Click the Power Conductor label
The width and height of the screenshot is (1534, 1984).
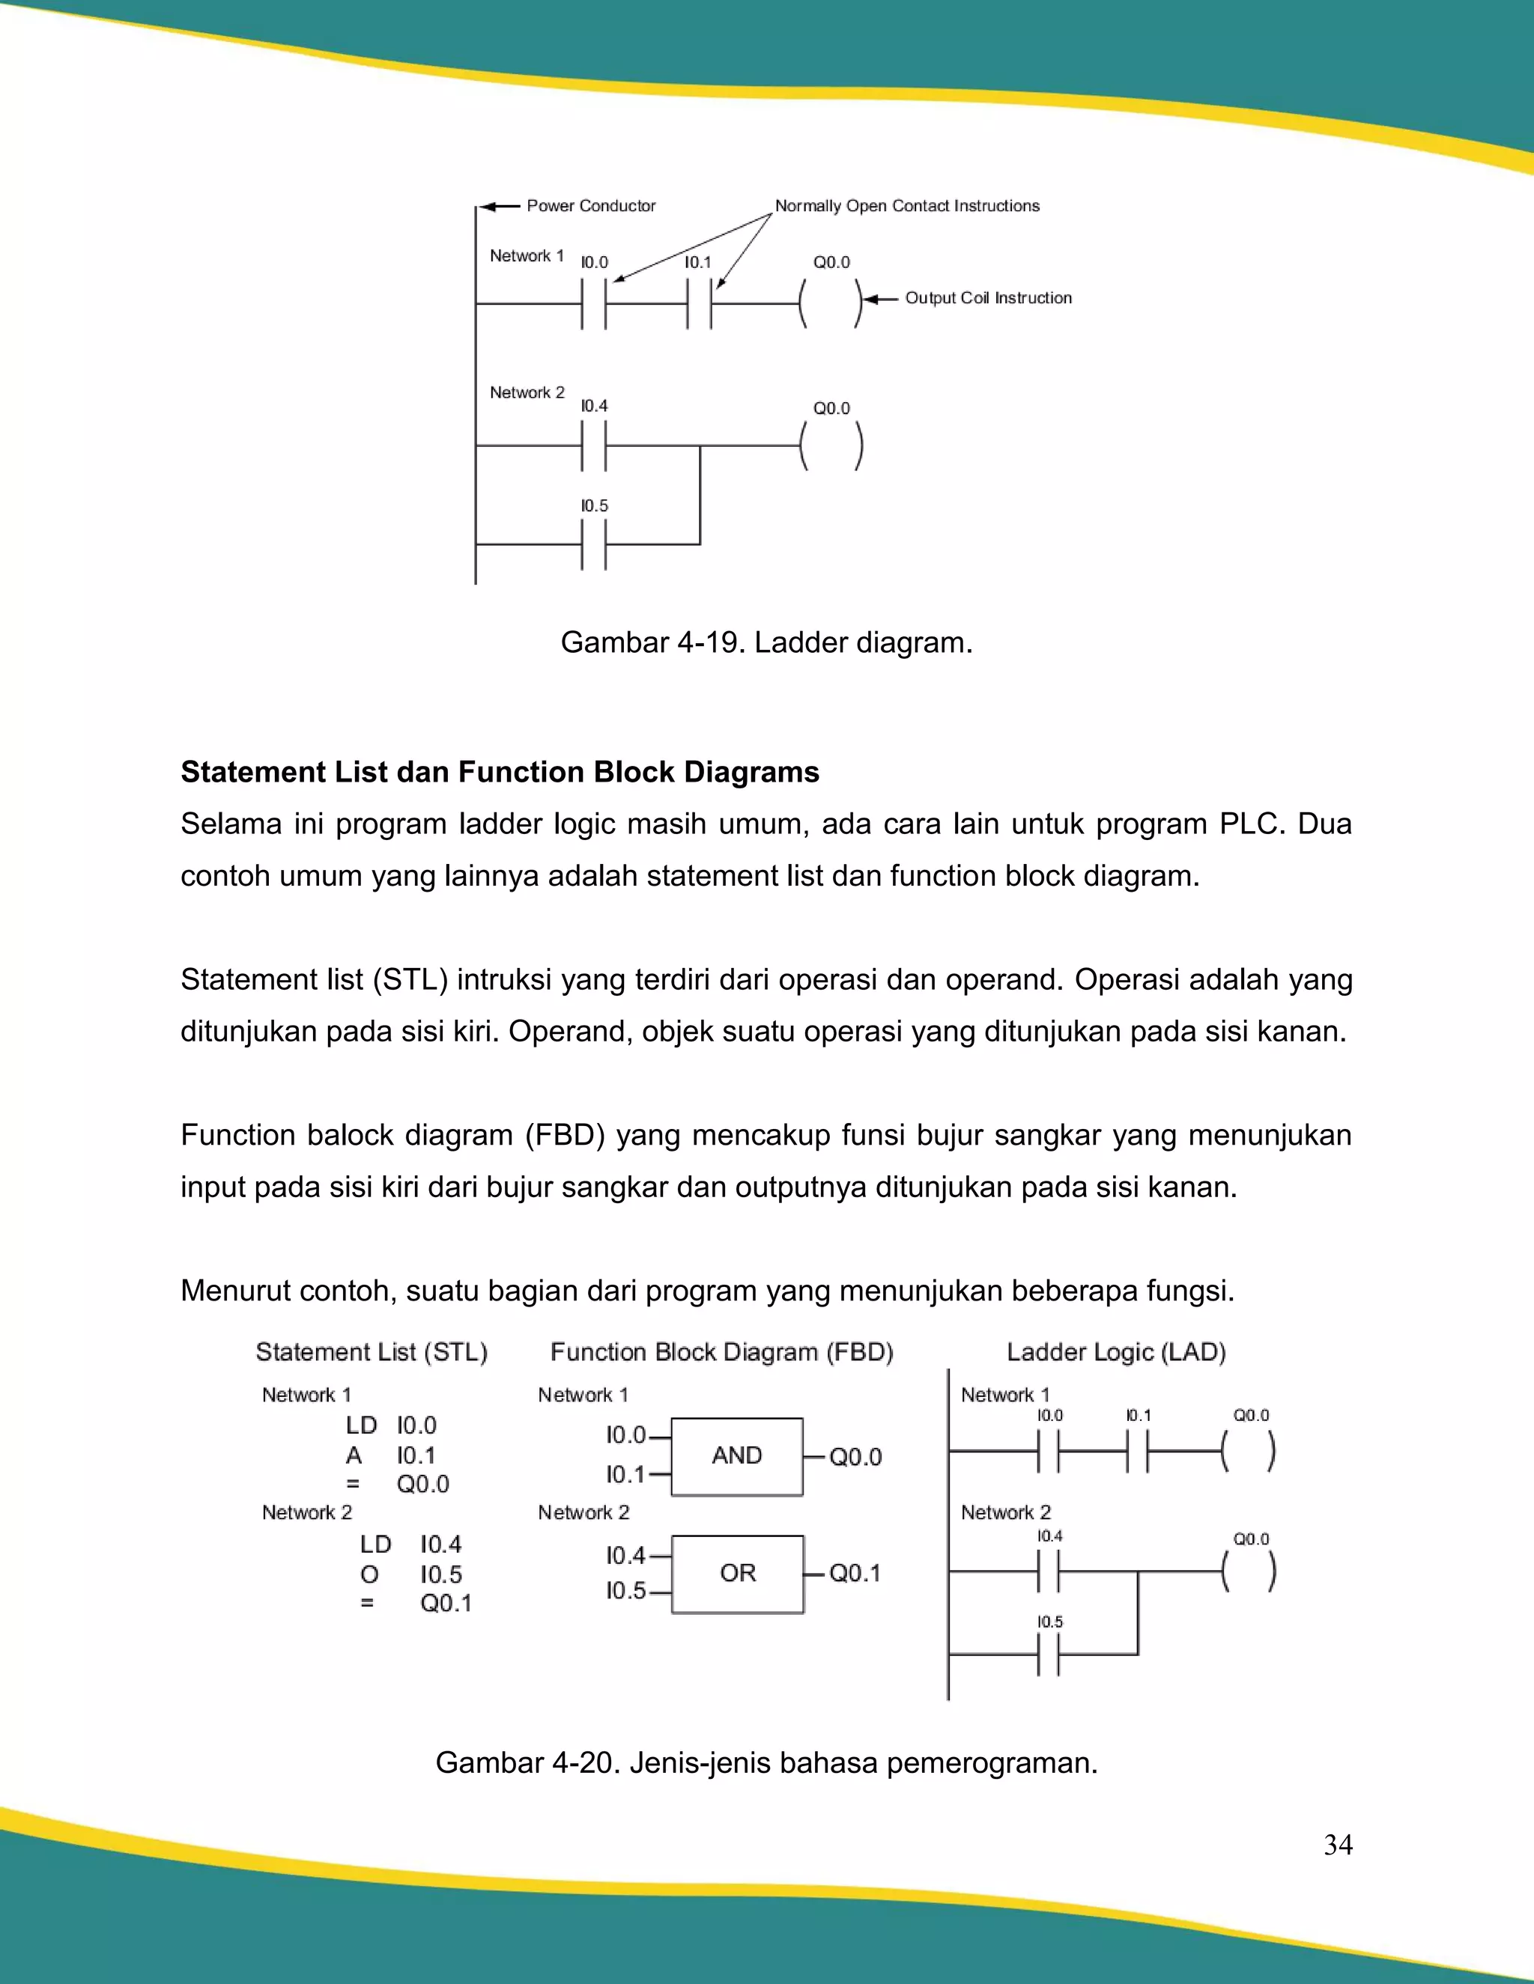coord(591,206)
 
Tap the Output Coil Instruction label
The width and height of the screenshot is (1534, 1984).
coord(988,298)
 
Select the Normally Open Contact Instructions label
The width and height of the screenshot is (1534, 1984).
coord(906,206)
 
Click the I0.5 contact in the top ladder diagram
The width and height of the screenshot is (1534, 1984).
coord(593,544)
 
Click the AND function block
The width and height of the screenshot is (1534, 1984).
coord(737,1456)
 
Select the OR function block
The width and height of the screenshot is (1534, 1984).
coord(737,1574)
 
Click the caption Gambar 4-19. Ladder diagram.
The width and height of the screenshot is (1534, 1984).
coord(766,642)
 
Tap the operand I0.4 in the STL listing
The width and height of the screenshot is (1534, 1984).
coord(440,1545)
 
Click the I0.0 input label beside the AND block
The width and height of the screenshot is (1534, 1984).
coord(626,1435)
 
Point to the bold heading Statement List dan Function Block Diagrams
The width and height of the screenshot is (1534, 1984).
coord(500,772)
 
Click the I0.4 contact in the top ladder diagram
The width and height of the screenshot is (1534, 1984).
coord(593,445)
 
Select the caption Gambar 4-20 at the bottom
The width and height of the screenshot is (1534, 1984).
coord(766,1763)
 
